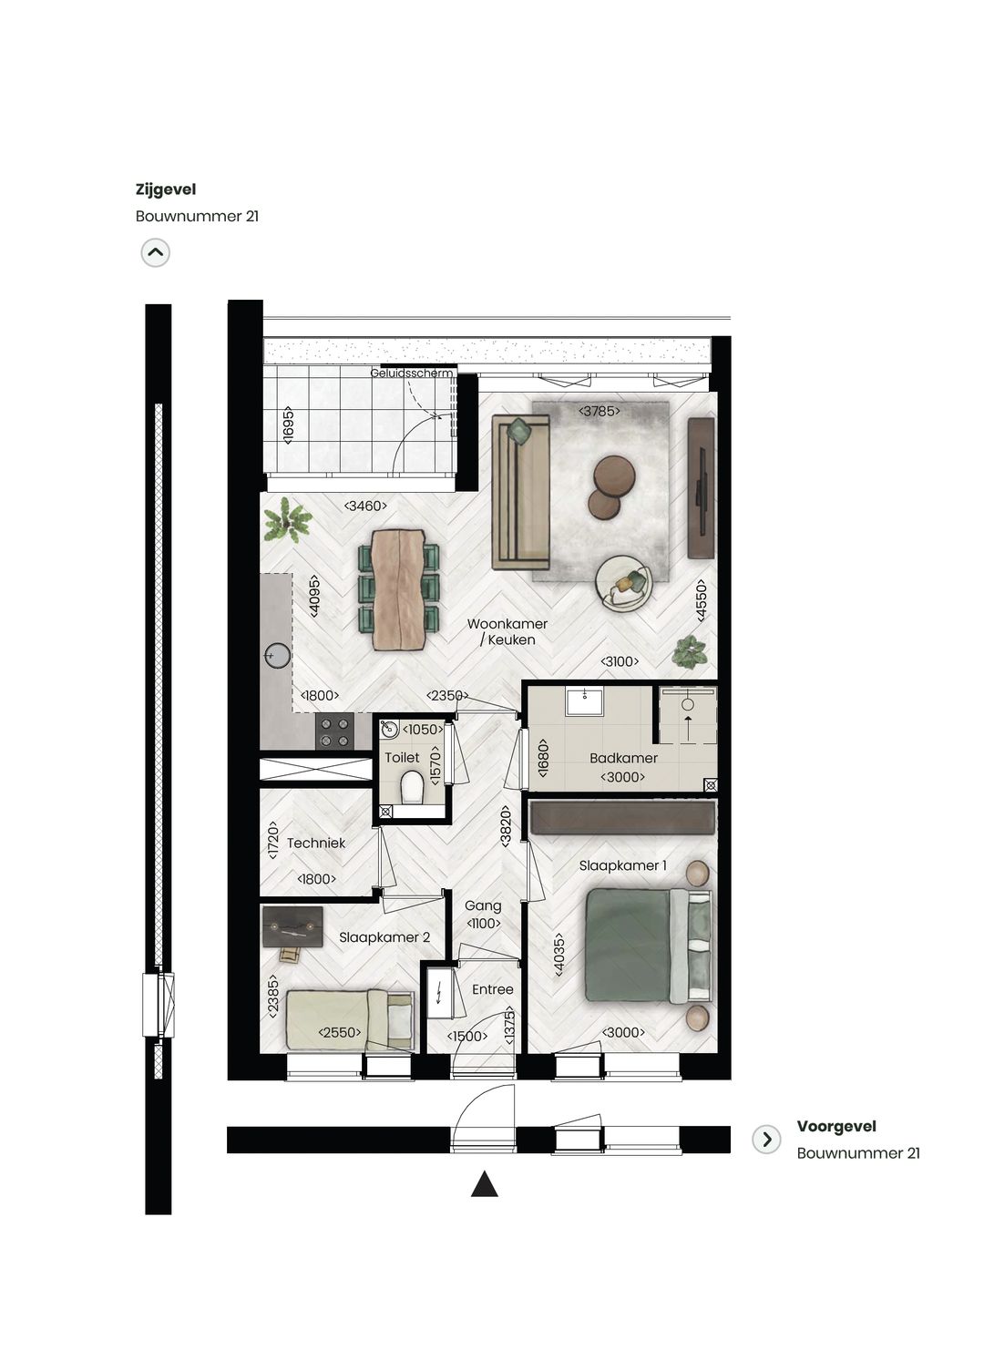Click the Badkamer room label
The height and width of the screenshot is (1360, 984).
[x=623, y=758]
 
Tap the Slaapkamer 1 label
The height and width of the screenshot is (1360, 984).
[x=622, y=865]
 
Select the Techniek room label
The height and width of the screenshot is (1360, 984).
[x=316, y=844]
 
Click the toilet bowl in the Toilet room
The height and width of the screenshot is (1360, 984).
[x=412, y=787]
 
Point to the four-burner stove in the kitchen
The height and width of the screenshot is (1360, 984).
[x=334, y=732]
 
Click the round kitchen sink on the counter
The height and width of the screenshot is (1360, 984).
[x=277, y=655]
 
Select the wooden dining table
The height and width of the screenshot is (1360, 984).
[x=398, y=589]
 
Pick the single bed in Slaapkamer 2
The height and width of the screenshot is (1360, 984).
[x=350, y=1019]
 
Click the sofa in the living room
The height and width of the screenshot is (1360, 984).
[x=520, y=491]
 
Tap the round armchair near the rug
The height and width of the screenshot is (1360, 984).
[x=623, y=582]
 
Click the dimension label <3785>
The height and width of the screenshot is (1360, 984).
[x=600, y=411]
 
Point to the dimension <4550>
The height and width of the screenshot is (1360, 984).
[x=701, y=601]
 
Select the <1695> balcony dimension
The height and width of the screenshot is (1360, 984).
[x=288, y=425]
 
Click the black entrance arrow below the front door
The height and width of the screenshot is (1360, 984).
[x=484, y=1183]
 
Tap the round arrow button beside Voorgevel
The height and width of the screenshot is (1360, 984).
[x=767, y=1140]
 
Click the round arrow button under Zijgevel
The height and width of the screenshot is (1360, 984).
[x=156, y=252]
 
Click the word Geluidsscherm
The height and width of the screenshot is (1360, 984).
[x=411, y=373]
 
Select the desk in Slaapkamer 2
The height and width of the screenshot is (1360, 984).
[x=292, y=927]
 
